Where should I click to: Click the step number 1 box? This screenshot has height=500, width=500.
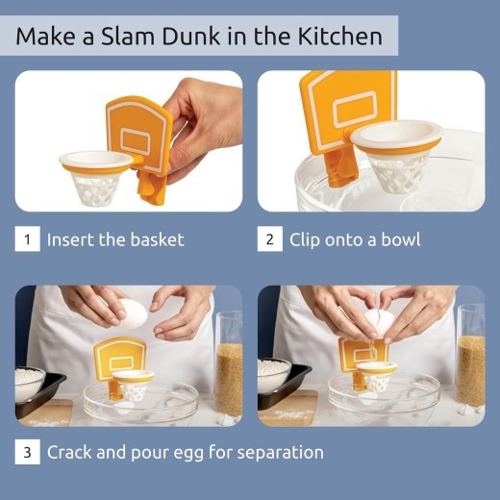tap(27, 239)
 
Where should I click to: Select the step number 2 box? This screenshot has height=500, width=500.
tap(269, 239)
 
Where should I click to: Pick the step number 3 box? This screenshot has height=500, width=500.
tap(27, 451)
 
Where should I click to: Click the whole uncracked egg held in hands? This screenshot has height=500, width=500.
tap(132, 312)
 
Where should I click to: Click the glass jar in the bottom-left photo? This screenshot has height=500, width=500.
tap(229, 365)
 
